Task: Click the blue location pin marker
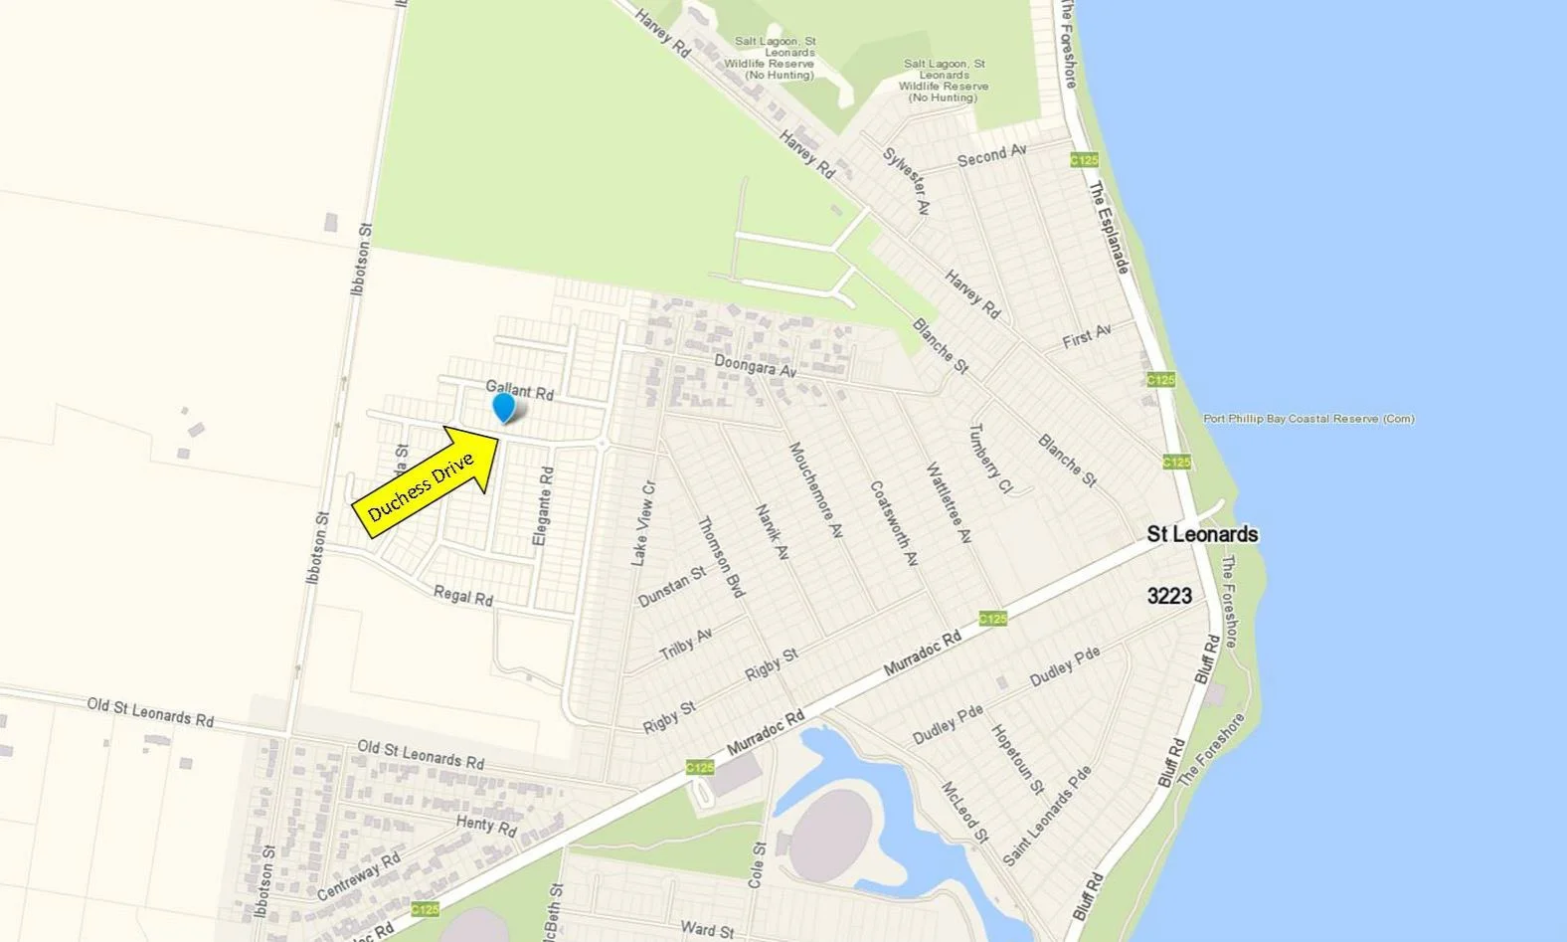pos(504,406)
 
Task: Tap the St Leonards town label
pos(1202,534)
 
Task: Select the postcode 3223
pos(1169,596)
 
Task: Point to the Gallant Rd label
pos(519,390)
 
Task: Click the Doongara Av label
pos(756,365)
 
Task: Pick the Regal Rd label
pos(463,596)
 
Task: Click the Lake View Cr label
pos(644,524)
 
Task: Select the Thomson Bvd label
pos(721,558)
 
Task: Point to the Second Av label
pos(991,155)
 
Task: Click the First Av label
pos(1086,335)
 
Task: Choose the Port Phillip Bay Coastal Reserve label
pos(1308,419)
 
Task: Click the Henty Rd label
pos(487,826)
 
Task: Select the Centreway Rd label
pos(359,875)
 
